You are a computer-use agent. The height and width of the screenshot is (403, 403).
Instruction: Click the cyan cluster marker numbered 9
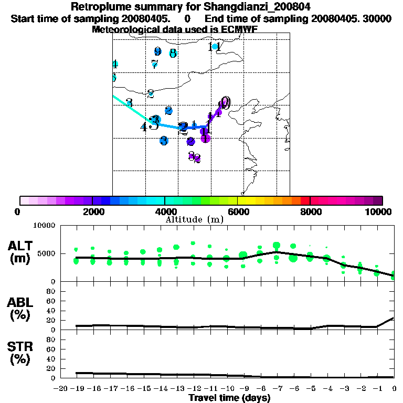157,51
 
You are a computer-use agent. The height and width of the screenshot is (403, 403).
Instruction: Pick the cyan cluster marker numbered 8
173,53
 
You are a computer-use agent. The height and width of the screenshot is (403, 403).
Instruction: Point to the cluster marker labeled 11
214,47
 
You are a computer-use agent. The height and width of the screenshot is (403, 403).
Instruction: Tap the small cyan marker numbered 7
154,64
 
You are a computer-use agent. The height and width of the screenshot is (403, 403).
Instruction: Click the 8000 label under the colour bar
310,211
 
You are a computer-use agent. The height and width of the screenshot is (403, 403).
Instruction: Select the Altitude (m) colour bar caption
194,219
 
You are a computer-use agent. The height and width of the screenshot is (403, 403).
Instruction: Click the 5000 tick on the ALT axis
46,254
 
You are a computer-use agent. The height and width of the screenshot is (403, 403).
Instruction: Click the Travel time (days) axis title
229,398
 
